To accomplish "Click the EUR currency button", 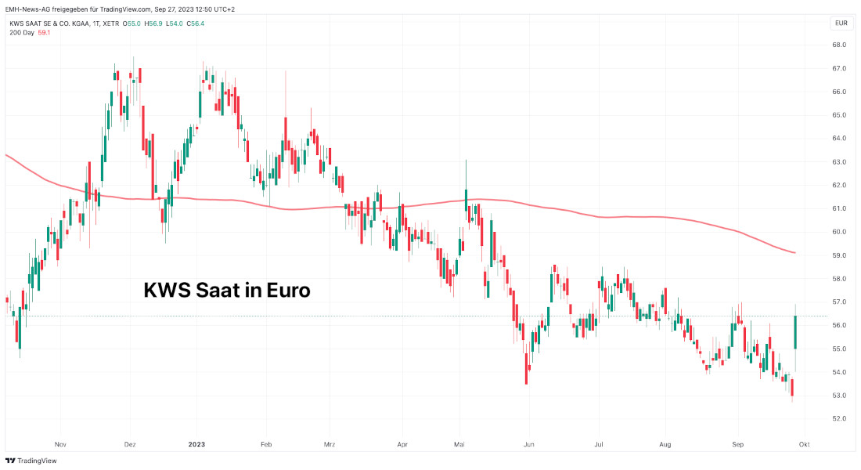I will click(841, 23).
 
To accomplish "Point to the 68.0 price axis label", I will click(838, 45).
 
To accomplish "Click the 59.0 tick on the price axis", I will click(838, 255).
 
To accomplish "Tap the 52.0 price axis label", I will click(838, 419).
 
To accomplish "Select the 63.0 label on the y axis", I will click(838, 162).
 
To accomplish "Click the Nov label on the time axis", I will click(60, 444).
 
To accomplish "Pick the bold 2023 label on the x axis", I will click(196, 444).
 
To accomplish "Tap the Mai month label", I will click(459, 444).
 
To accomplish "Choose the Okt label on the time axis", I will click(804, 444).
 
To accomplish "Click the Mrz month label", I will click(330, 444).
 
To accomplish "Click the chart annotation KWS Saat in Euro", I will click(227, 291).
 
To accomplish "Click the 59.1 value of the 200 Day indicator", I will click(44, 33).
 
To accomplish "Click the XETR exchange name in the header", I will click(112, 23).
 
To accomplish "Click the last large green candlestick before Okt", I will click(795, 332).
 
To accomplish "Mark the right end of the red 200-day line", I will click(795, 252).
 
